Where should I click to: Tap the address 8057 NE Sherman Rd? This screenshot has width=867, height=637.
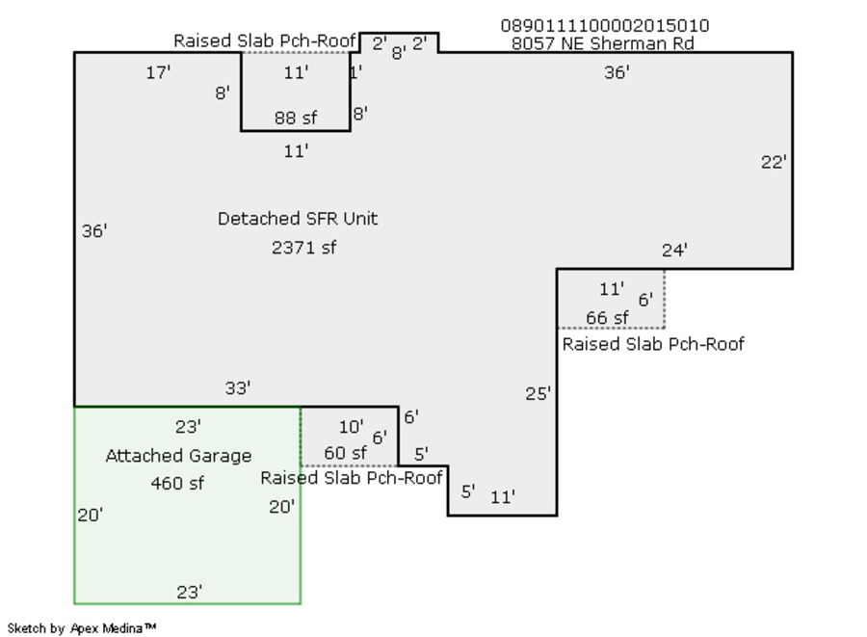[x=605, y=43]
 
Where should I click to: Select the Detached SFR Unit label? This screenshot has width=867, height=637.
[x=298, y=219]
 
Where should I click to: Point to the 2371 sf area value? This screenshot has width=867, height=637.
[x=303, y=248]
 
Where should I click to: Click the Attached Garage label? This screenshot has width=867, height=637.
[x=178, y=456]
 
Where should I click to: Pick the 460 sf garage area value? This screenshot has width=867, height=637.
[x=177, y=483]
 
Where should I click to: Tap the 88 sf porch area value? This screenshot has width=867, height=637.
[x=295, y=119]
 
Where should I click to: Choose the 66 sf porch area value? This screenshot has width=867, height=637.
[x=607, y=317]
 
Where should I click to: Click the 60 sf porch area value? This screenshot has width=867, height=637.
[x=345, y=453]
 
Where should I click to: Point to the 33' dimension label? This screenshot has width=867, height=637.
[x=238, y=387]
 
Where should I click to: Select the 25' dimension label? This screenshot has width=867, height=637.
[x=539, y=393]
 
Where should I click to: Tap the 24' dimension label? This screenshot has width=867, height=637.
[x=674, y=251]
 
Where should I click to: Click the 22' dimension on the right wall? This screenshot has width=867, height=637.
[x=774, y=162]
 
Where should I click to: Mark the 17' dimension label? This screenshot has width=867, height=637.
[x=158, y=72]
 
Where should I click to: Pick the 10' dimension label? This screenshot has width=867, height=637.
[x=351, y=427]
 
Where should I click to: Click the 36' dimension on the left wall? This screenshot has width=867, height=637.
[x=94, y=230]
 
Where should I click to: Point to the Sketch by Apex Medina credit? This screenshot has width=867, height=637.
[x=82, y=628]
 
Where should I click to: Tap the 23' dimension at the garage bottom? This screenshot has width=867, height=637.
[x=189, y=592]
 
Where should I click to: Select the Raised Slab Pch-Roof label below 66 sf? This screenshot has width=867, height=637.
[x=653, y=344]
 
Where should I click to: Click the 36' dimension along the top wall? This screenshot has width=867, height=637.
[x=617, y=72]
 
